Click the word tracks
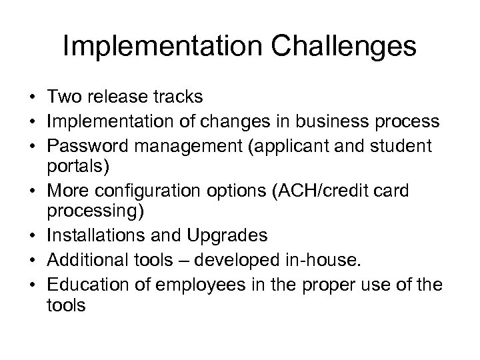(x=179, y=97)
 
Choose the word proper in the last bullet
(x=331, y=283)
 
